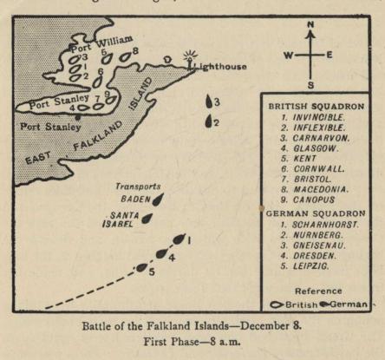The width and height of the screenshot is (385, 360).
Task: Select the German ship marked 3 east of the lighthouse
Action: pyautogui.click(x=209, y=102)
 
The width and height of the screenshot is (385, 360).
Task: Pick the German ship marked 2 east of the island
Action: pyautogui.click(x=208, y=121)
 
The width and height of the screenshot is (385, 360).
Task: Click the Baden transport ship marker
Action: pyautogui.click(x=158, y=199)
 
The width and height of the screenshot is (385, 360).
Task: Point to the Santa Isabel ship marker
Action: pyautogui.click(x=147, y=219)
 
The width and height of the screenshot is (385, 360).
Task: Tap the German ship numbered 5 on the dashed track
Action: pyautogui.click(x=141, y=267)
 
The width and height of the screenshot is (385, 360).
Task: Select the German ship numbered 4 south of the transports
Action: pyautogui.click(x=161, y=253)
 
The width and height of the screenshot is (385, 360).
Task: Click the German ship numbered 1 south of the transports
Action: pyautogui.click(x=179, y=239)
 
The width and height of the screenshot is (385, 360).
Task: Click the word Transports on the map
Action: pyautogui.click(x=138, y=187)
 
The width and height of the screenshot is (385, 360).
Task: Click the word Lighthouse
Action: pyautogui.click(x=220, y=66)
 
